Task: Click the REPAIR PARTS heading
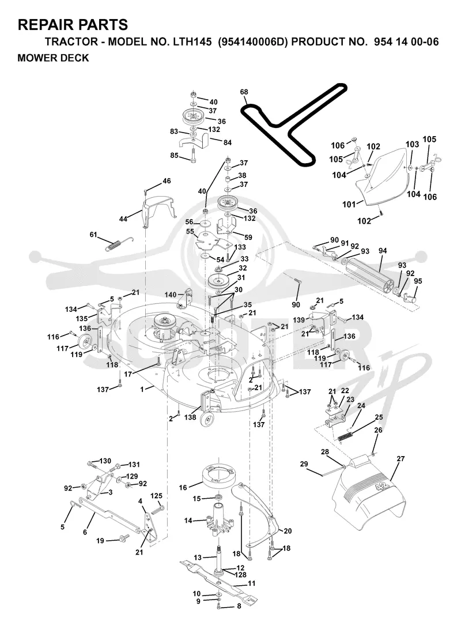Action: coord(73,25)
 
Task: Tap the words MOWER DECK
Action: coord(53,58)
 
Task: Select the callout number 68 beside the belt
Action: coord(244,92)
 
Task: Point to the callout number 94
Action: coord(383,251)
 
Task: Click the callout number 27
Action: coord(400,458)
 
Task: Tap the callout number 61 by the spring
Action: coord(93,234)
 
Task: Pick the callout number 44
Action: coord(123,219)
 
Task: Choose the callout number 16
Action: coord(183,487)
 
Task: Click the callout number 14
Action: coord(188,521)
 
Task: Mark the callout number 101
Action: coord(349,204)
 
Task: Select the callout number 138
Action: coord(190,417)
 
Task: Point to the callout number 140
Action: coord(171,295)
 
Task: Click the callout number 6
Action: coord(85,532)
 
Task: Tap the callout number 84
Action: coord(227,142)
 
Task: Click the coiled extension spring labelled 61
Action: coord(119,243)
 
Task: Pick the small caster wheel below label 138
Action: coord(207,420)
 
